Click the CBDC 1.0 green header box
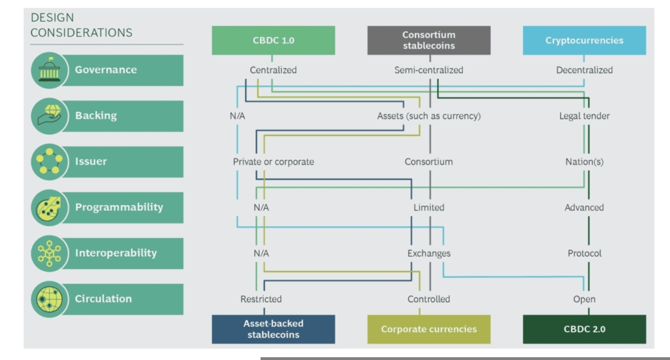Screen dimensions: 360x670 pyautogui.click(x=273, y=40)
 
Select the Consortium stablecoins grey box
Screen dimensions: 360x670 pyautogui.click(x=429, y=40)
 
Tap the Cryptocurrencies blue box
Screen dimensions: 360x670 pyautogui.click(x=584, y=40)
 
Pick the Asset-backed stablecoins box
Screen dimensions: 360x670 pyautogui.click(x=273, y=329)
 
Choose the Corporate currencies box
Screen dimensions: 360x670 pyautogui.click(x=429, y=329)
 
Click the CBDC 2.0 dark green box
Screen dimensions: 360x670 pyautogui.click(x=584, y=329)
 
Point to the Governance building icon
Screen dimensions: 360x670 pyautogui.click(x=49, y=70)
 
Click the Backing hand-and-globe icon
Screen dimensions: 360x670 pyautogui.click(x=49, y=116)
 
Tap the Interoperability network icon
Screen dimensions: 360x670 pyautogui.click(x=49, y=253)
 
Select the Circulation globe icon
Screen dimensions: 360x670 pyautogui.click(x=49, y=299)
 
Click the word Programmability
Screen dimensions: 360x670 pyautogui.click(x=119, y=207)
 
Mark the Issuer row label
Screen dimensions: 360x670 pyautogui.click(x=91, y=161)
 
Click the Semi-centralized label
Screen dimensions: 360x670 pyautogui.click(x=429, y=70)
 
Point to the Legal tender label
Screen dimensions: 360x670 pyautogui.click(x=584, y=116)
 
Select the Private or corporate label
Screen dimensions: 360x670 pyautogui.click(x=273, y=162)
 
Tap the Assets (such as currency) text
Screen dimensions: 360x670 pyautogui.click(x=429, y=116)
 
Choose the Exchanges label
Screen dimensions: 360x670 pyautogui.click(x=429, y=253)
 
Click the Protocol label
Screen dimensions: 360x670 pyautogui.click(x=584, y=253)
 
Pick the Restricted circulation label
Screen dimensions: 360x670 pyautogui.click(x=261, y=299)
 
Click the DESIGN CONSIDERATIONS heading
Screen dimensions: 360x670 pyautogui.click(x=81, y=26)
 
